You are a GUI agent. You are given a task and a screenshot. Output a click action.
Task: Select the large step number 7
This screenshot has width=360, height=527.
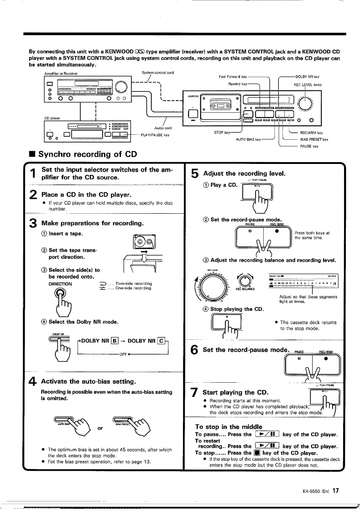click(194, 392)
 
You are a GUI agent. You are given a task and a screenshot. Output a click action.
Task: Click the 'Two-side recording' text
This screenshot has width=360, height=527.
click(134, 284)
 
